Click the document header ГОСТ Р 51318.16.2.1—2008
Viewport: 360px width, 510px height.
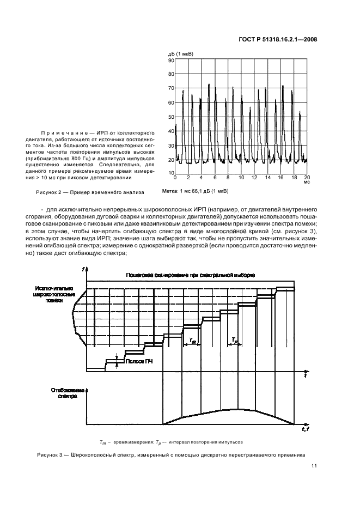[278, 39]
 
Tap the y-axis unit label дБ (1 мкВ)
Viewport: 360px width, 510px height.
[180, 53]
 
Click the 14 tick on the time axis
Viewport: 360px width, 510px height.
[267, 178]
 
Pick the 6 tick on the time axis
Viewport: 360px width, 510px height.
[215, 178]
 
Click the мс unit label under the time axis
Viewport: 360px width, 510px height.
[307, 183]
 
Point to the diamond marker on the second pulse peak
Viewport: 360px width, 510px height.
[184, 92]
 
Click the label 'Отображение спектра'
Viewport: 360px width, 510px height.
[66, 394]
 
